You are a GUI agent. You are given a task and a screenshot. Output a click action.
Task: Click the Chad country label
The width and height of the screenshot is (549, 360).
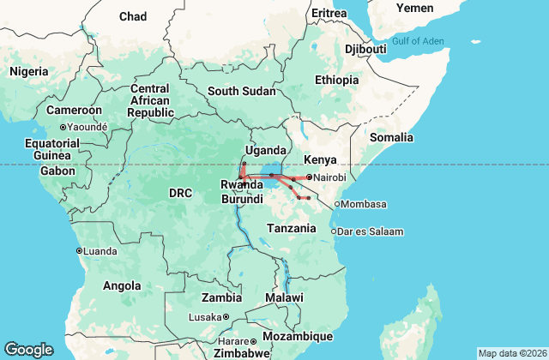point(133,16)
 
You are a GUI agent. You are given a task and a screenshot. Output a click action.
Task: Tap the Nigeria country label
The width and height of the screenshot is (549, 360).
point(30,72)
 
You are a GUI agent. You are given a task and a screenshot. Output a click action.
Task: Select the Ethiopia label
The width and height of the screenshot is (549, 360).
point(336,80)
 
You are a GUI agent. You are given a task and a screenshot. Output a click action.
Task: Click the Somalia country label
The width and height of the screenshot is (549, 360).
point(391,137)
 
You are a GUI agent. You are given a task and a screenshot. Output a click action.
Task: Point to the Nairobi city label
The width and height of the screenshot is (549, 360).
point(329,177)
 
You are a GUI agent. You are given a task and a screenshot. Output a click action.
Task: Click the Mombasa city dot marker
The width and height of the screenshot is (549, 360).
point(338,204)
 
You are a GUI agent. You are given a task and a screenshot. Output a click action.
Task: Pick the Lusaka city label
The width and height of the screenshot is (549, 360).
point(205,317)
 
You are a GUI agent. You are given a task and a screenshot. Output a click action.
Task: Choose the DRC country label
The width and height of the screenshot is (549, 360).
point(180,193)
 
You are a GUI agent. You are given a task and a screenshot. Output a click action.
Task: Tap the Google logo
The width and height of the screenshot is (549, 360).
point(28,350)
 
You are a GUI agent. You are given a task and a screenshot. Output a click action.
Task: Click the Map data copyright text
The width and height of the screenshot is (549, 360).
point(511,353)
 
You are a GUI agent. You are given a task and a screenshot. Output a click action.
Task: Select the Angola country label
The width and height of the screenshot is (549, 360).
point(121,285)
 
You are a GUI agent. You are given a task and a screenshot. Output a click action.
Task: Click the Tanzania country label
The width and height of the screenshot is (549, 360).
point(294,228)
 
